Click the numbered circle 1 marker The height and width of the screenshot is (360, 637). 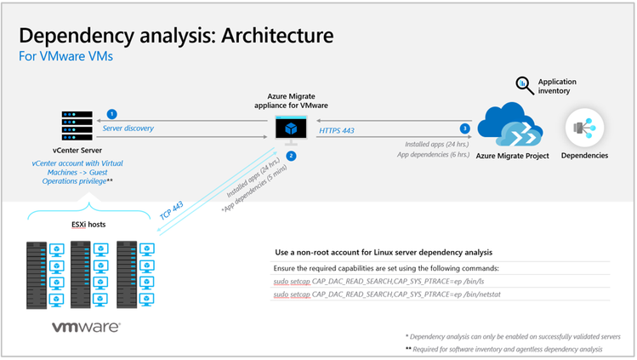(x=111, y=113)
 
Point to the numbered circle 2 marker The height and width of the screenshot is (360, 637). (x=291, y=156)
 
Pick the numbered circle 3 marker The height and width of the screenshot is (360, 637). (x=464, y=129)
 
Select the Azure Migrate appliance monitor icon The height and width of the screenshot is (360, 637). (x=290, y=129)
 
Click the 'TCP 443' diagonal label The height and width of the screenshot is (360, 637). (x=173, y=210)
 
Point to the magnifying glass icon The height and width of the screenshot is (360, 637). (x=525, y=84)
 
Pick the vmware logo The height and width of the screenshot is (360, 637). (x=86, y=327)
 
